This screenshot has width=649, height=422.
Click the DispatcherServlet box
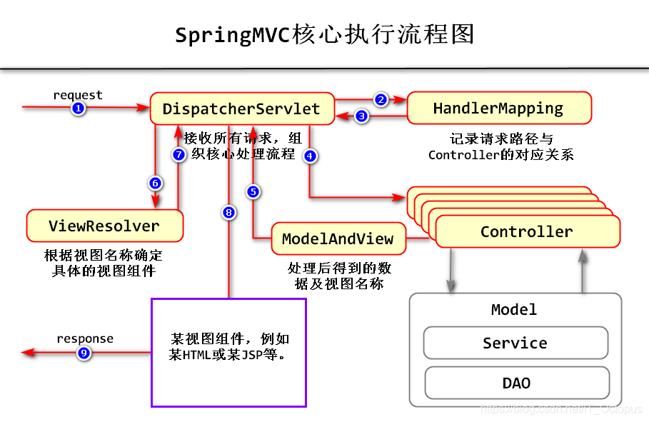point(241,109)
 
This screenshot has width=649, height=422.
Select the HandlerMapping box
point(498,109)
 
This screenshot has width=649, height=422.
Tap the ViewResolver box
point(104,226)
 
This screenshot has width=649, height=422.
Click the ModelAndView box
point(338,238)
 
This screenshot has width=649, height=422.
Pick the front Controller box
point(527,232)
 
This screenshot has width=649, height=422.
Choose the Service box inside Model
point(515,343)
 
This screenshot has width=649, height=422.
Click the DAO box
point(516,383)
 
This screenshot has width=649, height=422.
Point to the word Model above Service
point(514,309)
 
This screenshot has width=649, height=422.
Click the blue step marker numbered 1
point(79,109)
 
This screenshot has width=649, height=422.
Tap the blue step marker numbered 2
point(381,100)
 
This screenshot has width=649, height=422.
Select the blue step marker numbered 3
point(362,116)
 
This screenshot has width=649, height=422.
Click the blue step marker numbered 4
point(310,156)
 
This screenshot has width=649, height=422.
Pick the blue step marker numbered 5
point(253,191)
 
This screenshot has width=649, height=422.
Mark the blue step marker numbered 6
point(155,184)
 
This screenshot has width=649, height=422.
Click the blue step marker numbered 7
point(179,154)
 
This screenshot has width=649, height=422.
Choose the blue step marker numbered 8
point(228,212)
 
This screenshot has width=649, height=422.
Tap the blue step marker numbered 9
point(84,353)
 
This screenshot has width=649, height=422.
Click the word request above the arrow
point(78,95)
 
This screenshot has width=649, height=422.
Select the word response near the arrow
point(85,338)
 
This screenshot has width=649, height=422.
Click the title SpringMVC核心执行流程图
point(324,34)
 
